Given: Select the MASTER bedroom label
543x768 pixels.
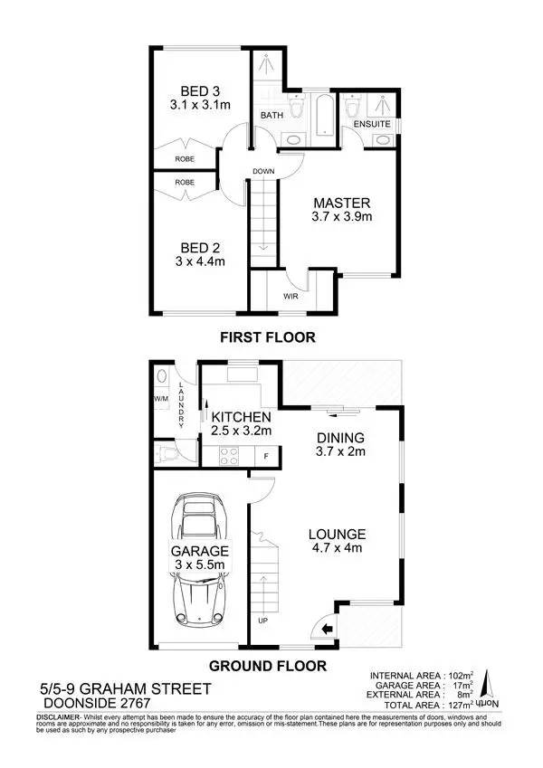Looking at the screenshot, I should coord(343,203).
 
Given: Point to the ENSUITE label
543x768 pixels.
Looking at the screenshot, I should coord(371,123).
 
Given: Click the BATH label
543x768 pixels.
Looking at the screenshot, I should coord(272,116).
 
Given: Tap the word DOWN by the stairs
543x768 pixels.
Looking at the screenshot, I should coord(263,171).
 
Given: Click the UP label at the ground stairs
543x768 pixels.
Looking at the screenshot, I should coord(263,621).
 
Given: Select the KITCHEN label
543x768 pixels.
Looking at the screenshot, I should coord(242,417).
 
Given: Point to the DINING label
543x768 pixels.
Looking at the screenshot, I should coord(339,438).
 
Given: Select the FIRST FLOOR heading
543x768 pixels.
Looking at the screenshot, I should coord(268,338).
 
